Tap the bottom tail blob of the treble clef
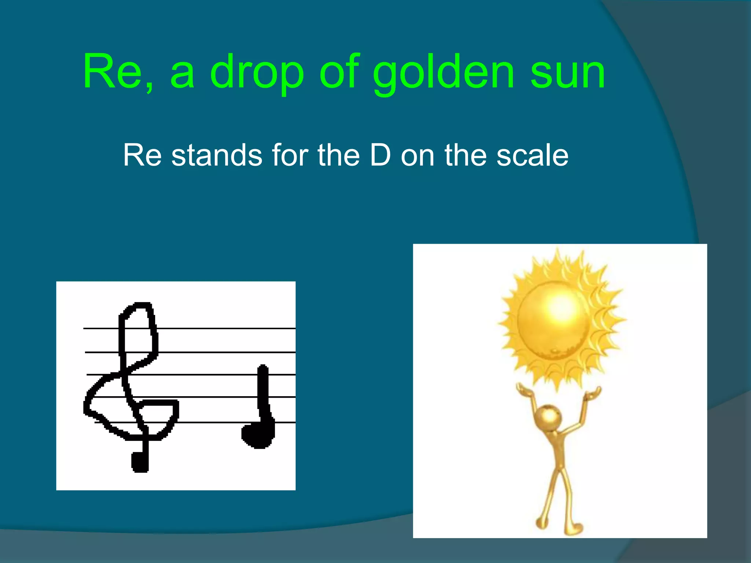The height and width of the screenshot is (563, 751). click(x=140, y=462)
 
